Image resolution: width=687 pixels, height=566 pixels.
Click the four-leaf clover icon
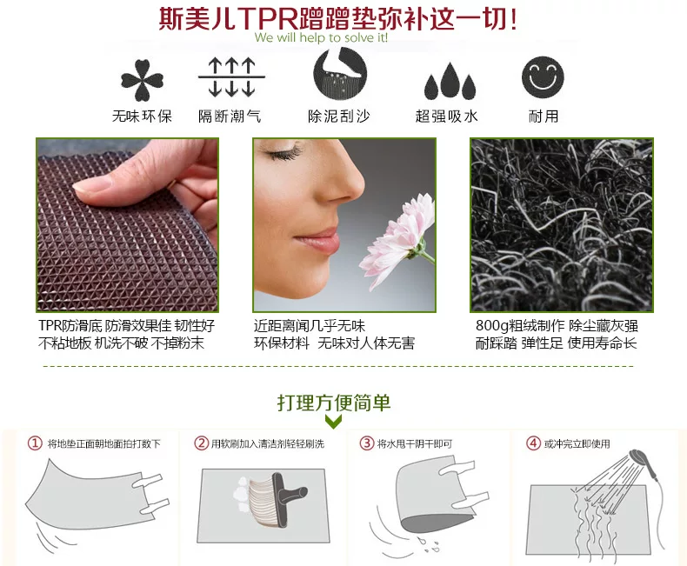(142, 80)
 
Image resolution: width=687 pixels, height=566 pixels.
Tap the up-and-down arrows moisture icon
(231, 77)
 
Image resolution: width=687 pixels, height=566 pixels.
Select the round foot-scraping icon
(340, 74)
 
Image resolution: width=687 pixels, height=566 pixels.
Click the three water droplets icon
(450, 81)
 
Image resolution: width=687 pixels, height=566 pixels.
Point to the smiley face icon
(543, 77)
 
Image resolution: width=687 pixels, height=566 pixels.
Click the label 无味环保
(142, 117)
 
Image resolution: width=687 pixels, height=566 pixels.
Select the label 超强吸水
(446, 117)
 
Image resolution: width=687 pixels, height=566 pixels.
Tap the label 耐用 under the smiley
(544, 117)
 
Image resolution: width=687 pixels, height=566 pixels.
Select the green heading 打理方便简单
(333, 403)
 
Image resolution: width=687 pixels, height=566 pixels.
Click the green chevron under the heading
(333, 422)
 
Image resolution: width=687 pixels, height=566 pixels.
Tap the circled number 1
(35, 443)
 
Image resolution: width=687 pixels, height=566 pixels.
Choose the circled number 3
(367, 443)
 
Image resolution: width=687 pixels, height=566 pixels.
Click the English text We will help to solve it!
(321, 37)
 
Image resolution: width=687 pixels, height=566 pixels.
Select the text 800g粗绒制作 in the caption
(520, 325)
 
